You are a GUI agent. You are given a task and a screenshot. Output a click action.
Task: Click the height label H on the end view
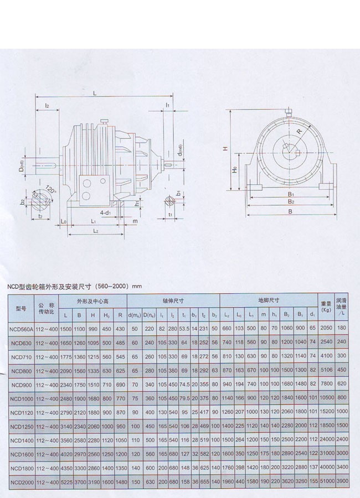225,148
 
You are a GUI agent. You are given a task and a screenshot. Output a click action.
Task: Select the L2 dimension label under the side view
95,230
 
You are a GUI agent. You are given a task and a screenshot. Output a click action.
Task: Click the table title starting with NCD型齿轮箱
74,287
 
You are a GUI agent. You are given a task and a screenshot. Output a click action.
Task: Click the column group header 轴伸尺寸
173,301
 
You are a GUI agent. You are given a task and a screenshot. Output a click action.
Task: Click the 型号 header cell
21,308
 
